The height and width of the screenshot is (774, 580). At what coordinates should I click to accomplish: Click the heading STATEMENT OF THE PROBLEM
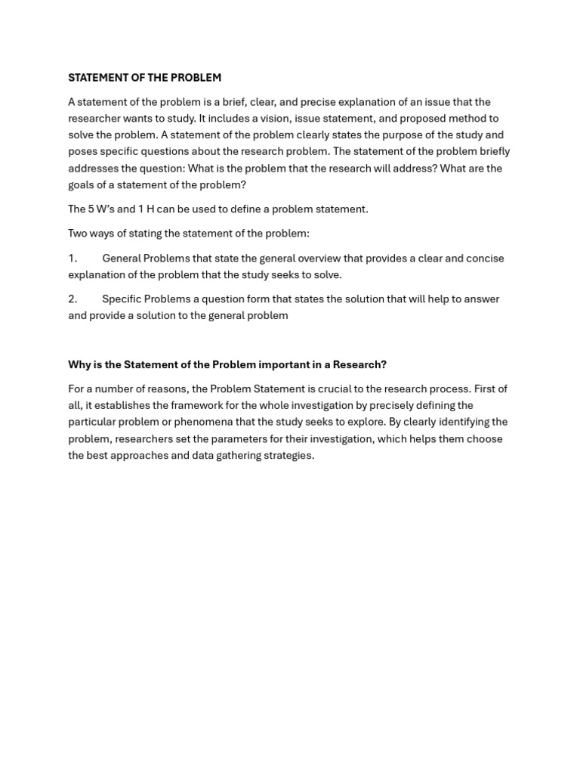[x=144, y=78]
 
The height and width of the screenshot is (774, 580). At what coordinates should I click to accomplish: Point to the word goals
[x=82, y=185]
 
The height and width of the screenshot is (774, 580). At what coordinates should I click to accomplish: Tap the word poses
[x=82, y=152]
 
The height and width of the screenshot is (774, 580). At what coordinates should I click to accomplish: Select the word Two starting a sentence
[x=79, y=234]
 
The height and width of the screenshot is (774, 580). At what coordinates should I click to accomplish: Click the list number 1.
[x=72, y=259]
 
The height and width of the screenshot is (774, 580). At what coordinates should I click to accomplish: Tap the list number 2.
[x=72, y=299]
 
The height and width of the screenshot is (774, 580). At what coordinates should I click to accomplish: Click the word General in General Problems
[x=122, y=259]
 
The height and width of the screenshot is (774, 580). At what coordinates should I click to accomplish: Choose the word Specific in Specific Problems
[x=122, y=299]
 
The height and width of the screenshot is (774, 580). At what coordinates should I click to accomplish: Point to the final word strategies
[x=288, y=456]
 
